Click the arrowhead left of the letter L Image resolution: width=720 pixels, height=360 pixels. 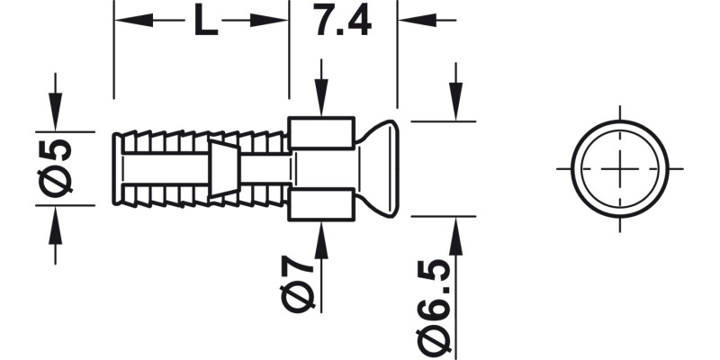(127, 19)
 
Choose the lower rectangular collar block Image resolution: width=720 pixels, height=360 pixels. (319, 206)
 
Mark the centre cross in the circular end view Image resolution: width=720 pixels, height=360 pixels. (620, 168)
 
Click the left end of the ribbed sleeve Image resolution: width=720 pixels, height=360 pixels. (118, 168)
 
